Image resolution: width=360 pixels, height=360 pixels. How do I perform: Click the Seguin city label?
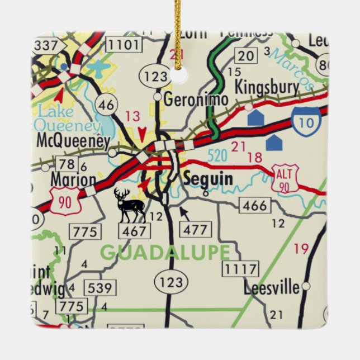coord(208,179)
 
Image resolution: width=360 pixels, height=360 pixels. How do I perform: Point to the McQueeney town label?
coord(72,141)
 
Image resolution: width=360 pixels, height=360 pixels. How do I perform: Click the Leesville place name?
coord(272,288)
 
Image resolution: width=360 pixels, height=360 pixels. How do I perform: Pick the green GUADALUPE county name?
coord(165,252)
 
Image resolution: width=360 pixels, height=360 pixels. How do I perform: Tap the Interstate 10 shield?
coord(306,120)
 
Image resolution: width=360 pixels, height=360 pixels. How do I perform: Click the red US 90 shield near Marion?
coord(67,201)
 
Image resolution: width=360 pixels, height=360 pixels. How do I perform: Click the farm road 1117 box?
coord(241,269)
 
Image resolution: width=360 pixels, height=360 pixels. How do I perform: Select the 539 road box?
coord(101,288)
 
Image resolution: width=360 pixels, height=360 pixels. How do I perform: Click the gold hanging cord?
coord(178,34)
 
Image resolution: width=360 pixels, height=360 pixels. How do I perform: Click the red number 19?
coord(301,248)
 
